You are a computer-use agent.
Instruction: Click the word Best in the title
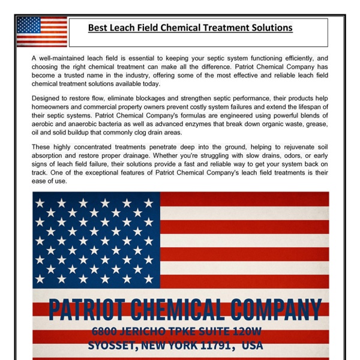98,28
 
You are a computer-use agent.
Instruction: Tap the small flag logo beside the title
41,31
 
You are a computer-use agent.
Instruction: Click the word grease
317,124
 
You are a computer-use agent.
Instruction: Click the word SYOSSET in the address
112,346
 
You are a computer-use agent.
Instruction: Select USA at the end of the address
252,346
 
